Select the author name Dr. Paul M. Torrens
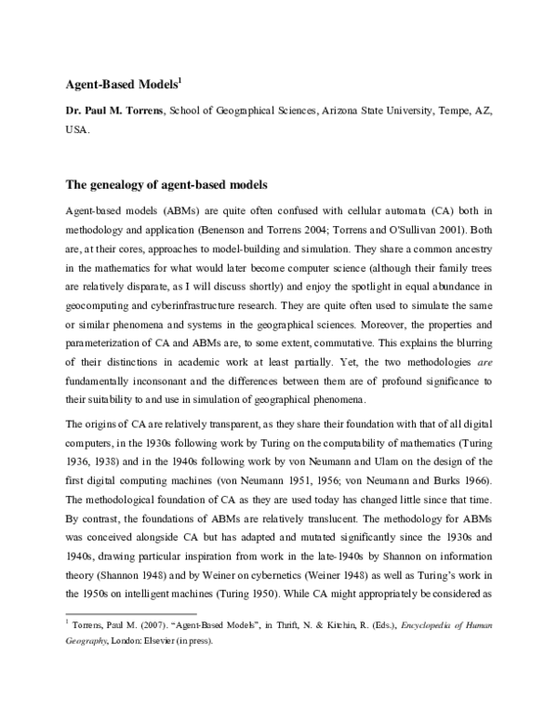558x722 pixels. click(x=109, y=111)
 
